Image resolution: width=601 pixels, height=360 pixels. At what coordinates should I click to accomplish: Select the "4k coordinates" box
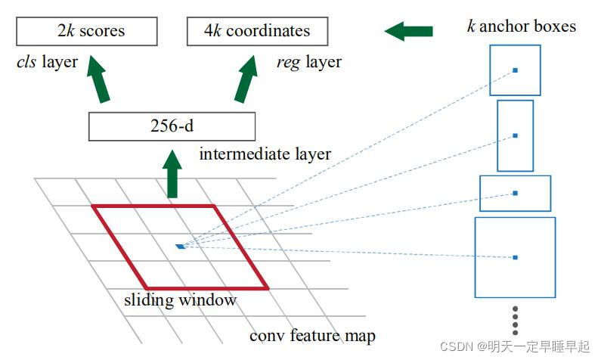[x=258, y=32]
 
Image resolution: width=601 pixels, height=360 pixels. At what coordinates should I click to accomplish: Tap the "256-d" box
[x=172, y=126]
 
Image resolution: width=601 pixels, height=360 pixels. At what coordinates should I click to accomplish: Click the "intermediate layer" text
[x=265, y=154]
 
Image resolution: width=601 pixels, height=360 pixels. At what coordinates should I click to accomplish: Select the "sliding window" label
[x=180, y=300]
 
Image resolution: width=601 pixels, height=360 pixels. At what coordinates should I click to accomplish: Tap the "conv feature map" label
[x=312, y=335]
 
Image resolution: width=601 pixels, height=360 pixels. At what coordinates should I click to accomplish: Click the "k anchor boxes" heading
[x=521, y=27]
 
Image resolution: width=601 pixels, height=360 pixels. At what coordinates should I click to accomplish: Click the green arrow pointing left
[x=408, y=31]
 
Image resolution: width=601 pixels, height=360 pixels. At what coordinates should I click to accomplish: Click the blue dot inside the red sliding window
[x=180, y=246]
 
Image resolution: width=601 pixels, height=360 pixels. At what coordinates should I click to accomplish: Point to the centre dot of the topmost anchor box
[x=515, y=70]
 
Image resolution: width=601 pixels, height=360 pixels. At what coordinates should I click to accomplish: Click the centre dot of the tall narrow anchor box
[x=515, y=136]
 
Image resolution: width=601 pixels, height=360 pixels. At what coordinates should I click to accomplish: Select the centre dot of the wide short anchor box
[x=515, y=193]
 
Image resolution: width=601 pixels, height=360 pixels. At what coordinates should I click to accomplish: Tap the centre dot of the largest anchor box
[x=515, y=257]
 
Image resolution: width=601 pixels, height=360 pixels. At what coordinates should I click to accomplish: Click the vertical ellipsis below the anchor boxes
[x=515, y=320]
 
